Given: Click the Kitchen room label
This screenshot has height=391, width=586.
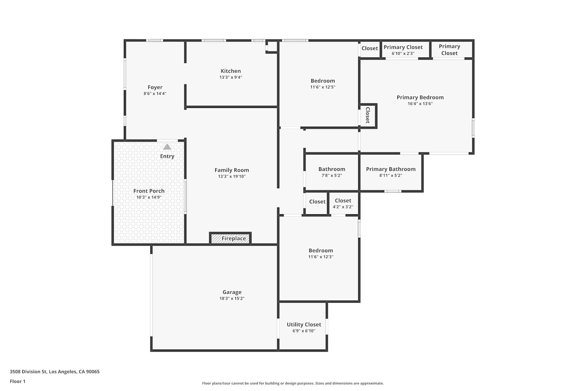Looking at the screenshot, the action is click(230, 71).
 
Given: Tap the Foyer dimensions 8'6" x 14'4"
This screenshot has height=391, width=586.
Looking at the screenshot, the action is click(155, 93).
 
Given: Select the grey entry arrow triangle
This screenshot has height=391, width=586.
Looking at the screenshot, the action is click(167, 147).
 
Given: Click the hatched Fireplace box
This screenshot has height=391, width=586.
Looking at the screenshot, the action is click(230, 239).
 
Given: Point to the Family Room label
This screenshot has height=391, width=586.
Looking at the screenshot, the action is click(232, 170).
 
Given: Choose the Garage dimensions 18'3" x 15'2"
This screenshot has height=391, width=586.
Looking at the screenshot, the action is click(232, 298).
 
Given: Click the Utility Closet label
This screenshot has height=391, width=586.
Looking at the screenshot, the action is click(304, 325).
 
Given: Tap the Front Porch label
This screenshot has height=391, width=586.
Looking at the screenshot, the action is click(149, 191).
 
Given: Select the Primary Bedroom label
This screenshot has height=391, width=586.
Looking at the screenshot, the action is click(420, 97).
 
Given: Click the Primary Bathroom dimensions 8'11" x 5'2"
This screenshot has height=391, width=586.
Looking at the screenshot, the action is click(391, 176).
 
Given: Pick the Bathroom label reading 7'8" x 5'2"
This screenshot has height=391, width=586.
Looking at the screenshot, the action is click(332, 169).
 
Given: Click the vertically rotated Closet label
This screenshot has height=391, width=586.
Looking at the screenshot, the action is click(368, 115).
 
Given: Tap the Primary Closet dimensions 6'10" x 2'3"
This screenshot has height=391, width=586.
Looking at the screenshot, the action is click(403, 54).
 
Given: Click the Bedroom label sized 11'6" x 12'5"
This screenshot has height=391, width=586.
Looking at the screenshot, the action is click(323, 81).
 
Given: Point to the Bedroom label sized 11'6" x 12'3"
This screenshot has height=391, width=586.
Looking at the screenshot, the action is click(320, 251).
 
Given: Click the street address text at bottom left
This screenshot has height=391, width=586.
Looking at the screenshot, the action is click(55, 371).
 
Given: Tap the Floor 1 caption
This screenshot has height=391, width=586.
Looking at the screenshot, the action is click(18, 381).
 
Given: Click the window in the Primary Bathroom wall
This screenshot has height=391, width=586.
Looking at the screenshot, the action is click(393, 191).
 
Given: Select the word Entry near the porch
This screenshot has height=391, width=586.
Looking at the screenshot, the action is click(167, 156).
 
